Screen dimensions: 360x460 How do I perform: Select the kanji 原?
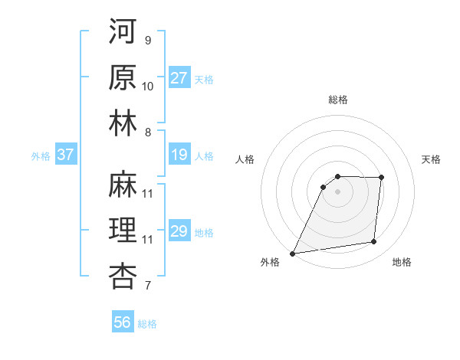coord(123,77)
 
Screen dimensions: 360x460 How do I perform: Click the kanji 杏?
coord(123,276)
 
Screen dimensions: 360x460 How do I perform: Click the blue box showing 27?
coord(179,78)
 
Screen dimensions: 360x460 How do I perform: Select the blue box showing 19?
coord(179,155)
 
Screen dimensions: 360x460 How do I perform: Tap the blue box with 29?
coord(179,231)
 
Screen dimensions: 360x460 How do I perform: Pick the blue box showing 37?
coord(66,155)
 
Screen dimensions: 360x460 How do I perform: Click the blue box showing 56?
coord(123,322)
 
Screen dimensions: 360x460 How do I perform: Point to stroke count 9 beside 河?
coord(147,40)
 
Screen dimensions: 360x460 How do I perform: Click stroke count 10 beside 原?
coord(148,87)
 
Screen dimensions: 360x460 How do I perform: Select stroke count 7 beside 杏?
coord(147,286)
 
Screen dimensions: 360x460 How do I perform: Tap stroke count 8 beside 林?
coord(147,133)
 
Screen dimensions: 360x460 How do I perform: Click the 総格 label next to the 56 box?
coord(147,324)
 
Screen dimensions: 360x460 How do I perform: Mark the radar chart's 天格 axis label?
coord(431,159)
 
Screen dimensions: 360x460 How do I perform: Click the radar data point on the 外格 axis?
coord(292,253)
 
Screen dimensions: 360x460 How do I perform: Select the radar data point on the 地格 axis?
coord(374,242)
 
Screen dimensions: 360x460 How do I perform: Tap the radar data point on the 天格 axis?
coord(381,178)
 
